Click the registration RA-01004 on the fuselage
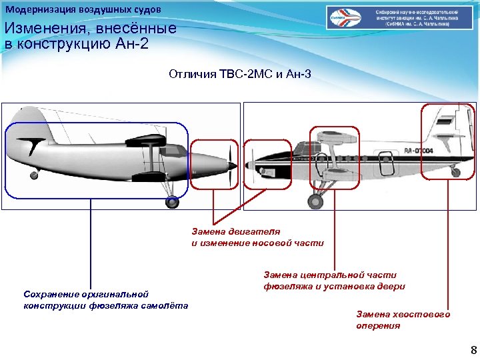pos(418,152)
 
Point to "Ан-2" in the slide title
pos(133,44)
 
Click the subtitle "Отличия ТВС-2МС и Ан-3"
pos(240,74)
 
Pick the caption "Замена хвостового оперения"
pos(403,319)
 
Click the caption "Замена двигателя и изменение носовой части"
pos(257,237)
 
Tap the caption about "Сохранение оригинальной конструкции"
pos(105,299)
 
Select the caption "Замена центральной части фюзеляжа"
pos(334,280)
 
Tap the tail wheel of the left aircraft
pos(33,175)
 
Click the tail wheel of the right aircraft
pos(455,173)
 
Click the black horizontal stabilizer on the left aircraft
pos(31,143)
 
